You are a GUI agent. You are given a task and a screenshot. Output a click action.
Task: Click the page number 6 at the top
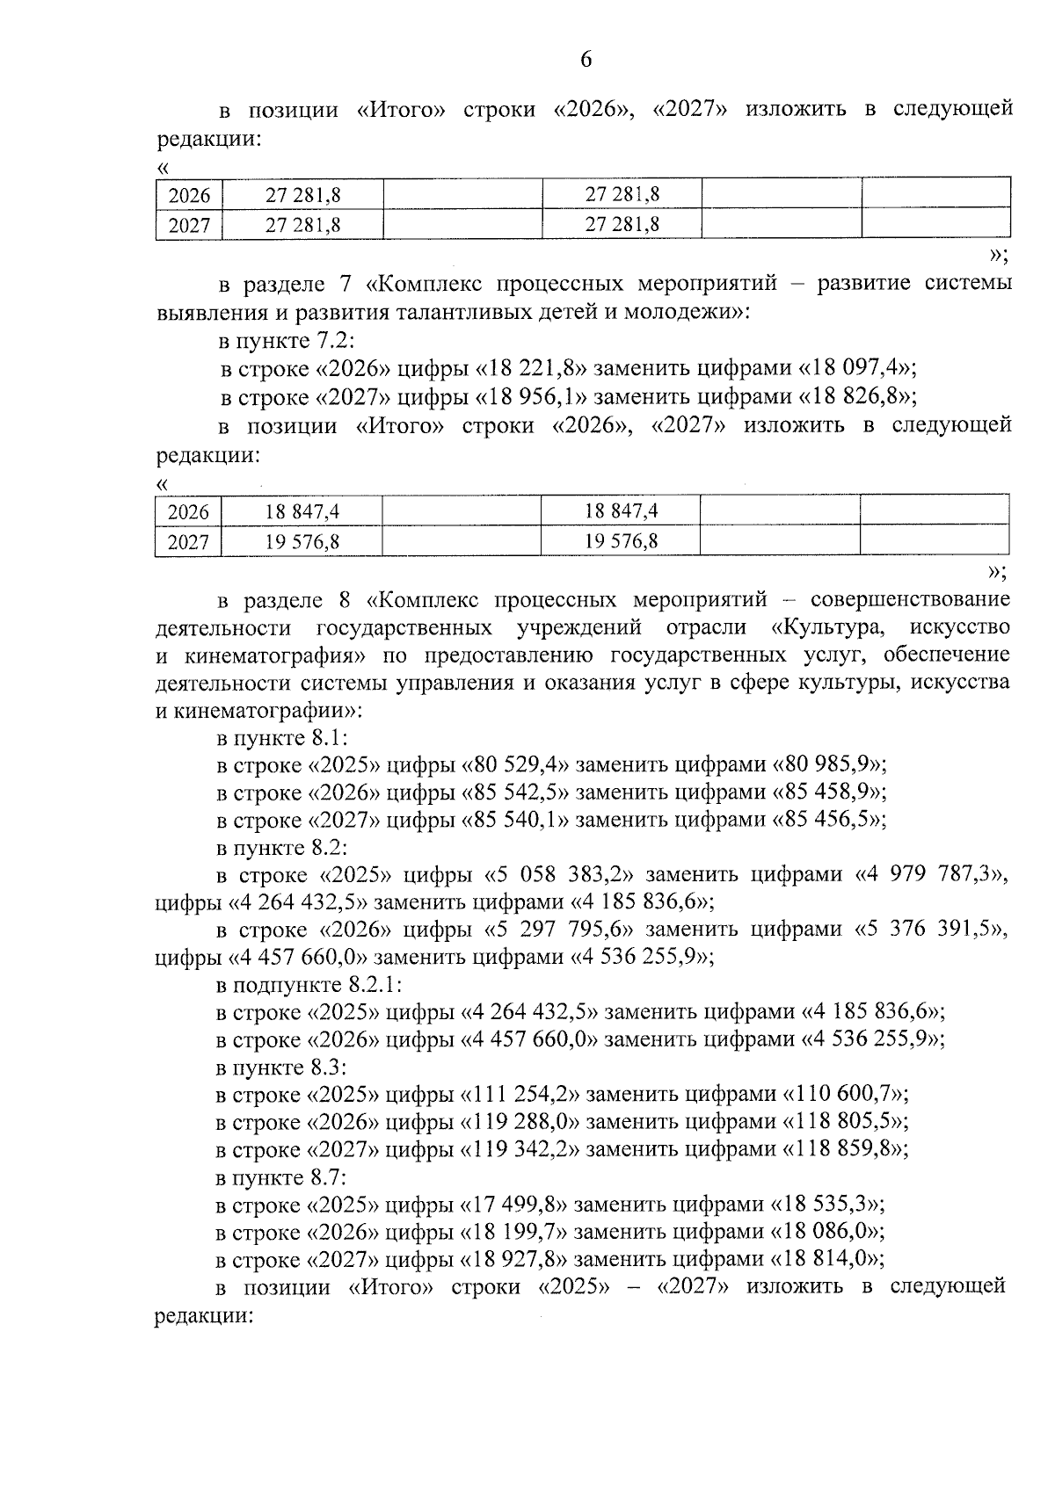tap(586, 61)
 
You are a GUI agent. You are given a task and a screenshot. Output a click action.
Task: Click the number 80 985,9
tap(828, 764)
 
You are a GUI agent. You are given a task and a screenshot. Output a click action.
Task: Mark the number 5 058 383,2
tap(566, 875)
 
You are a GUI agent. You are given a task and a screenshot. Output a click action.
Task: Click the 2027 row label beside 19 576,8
tap(188, 542)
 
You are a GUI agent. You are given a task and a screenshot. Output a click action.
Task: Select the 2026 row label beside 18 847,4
tap(188, 512)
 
